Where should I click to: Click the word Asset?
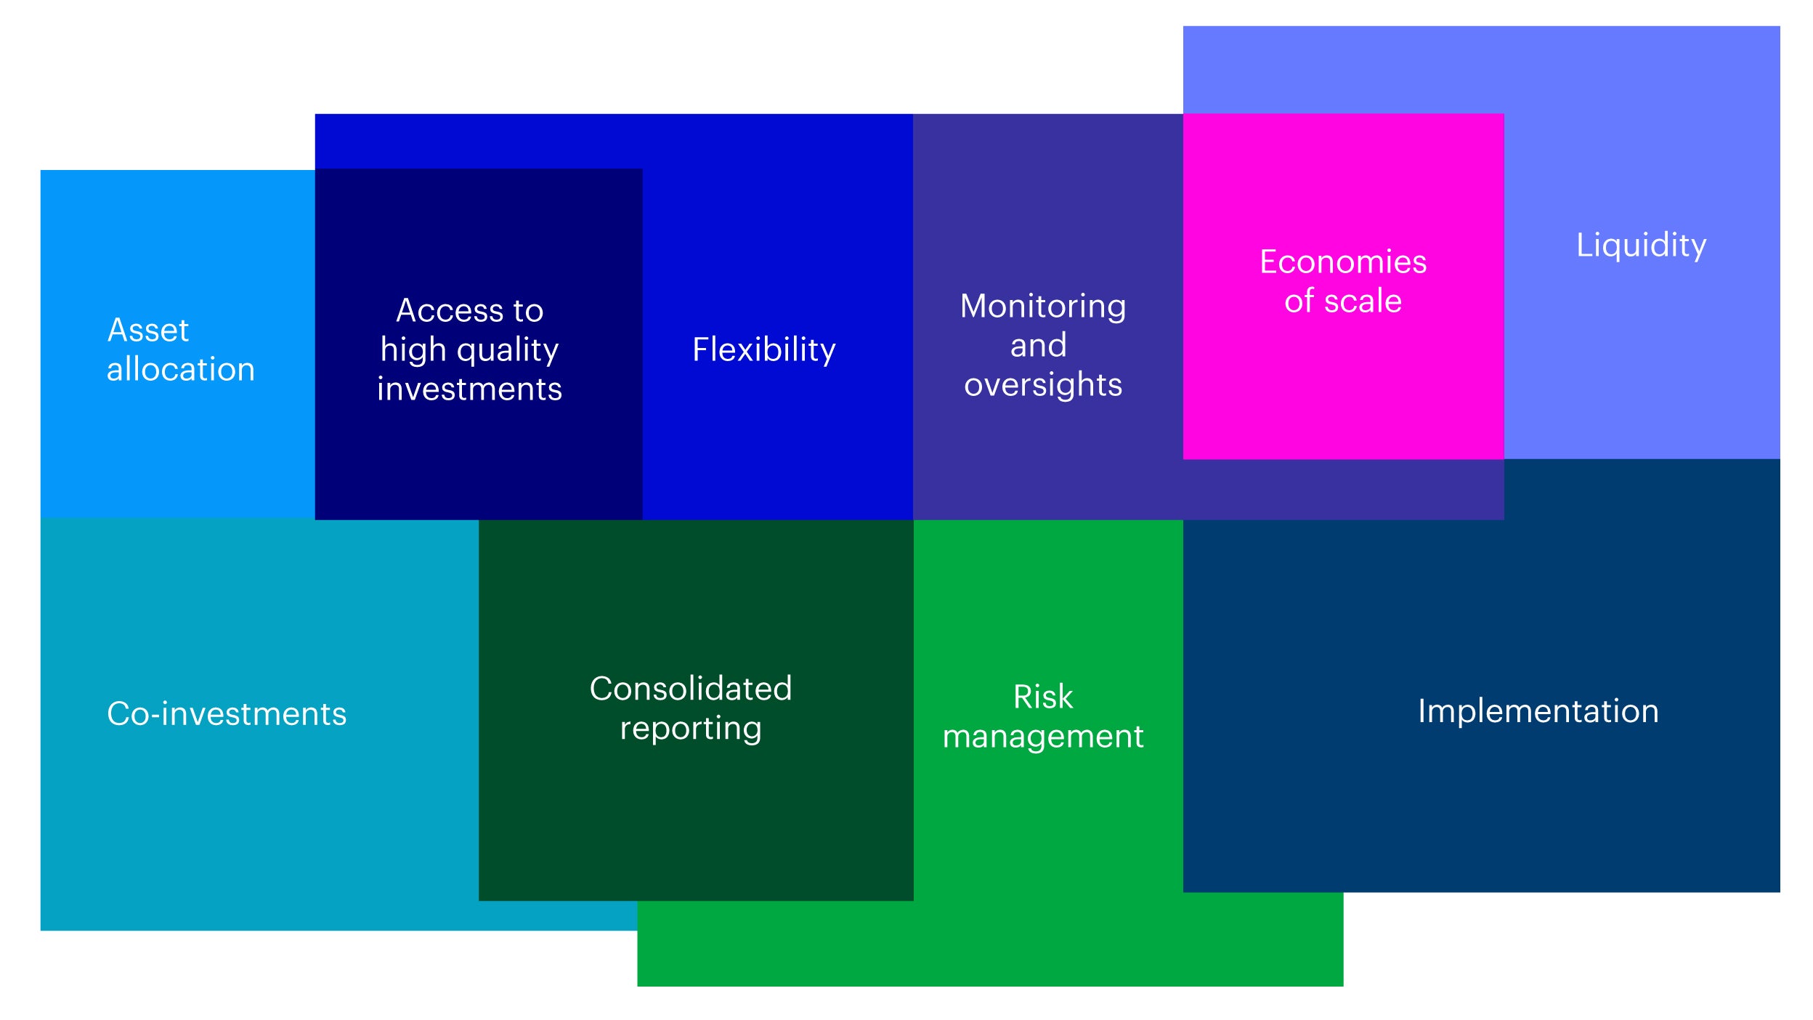click(148, 331)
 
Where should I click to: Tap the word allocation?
click(181, 369)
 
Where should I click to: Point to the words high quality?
click(469, 352)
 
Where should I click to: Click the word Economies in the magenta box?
click(1343, 262)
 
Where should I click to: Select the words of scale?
click(1343, 301)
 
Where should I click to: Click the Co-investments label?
click(227, 713)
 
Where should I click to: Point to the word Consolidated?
click(690, 689)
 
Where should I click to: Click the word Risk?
click(1043, 697)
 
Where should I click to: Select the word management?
click(1043, 737)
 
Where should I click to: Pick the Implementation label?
click(1538, 711)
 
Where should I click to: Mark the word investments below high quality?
click(469, 389)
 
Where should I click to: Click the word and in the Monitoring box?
click(1039, 346)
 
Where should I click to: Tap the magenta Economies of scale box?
click(1343, 286)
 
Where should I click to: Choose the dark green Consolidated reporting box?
click(696, 710)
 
